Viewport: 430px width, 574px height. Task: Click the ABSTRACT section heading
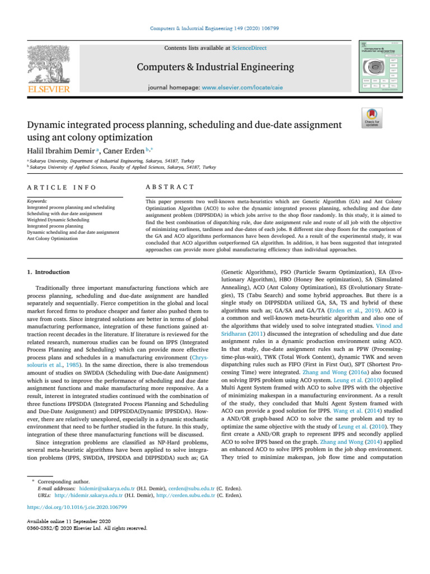169,187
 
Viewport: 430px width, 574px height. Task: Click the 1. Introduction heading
48,272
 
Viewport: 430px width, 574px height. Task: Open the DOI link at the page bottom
77,507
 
